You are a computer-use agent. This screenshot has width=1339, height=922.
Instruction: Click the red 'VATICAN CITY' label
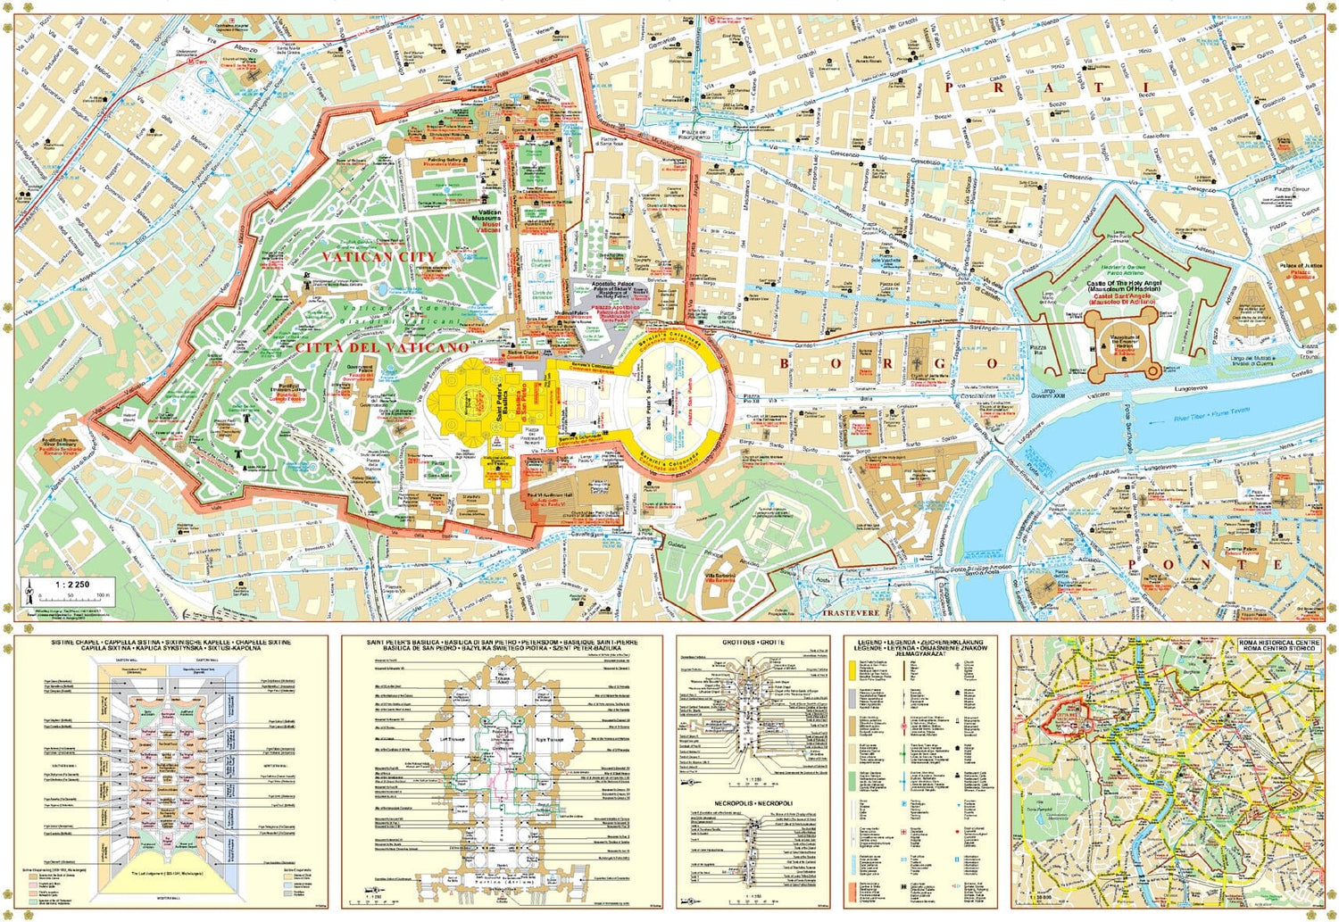point(379,256)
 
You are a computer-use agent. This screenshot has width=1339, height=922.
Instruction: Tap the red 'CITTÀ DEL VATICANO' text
point(381,346)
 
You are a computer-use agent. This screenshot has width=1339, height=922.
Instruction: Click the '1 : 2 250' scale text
point(71,585)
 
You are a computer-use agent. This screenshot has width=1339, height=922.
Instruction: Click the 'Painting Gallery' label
point(444,161)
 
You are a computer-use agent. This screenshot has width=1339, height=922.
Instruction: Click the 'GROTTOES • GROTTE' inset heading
point(753,643)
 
